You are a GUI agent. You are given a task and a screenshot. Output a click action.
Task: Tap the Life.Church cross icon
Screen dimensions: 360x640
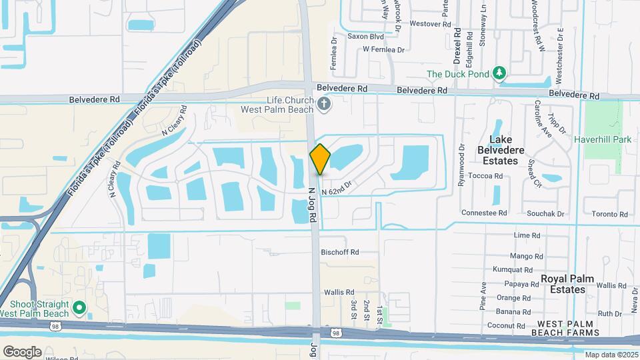coord(324,103)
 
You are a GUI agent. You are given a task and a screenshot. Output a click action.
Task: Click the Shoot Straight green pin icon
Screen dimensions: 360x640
coord(79,307)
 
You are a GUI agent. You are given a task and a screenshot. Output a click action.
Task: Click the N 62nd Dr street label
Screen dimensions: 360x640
coord(336,192)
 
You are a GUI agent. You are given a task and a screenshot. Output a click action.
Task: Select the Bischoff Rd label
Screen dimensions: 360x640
coord(340,252)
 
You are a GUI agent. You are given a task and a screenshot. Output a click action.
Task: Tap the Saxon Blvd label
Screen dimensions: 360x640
coord(365,37)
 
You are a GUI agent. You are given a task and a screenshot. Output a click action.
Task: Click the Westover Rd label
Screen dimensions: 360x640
coord(426,23)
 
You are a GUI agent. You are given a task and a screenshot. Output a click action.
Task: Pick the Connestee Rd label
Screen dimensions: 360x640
coord(485,213)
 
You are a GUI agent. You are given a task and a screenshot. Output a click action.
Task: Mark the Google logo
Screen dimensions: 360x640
coord(22,351)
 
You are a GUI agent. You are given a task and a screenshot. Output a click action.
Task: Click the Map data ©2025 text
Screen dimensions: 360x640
coord(611,355)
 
